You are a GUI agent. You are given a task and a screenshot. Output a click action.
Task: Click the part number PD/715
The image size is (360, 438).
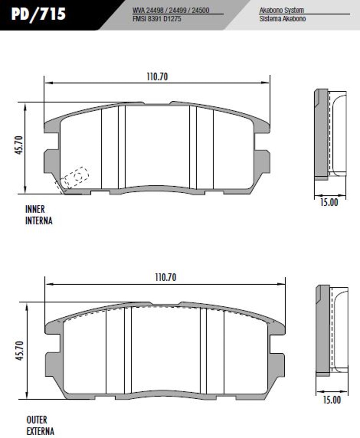point(38,14)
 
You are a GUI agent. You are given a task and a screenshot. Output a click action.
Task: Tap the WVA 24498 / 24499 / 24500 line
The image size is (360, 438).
point(171,10)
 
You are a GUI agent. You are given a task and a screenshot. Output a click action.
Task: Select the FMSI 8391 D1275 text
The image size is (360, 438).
point(157,19)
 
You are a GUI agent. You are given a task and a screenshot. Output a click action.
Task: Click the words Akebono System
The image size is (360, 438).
point(282,10)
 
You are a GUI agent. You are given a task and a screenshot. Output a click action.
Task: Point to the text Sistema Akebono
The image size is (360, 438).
point(282,19)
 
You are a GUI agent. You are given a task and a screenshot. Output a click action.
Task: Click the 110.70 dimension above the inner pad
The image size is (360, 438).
point(157,77)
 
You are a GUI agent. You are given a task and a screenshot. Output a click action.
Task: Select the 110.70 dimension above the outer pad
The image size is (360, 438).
point(166,277)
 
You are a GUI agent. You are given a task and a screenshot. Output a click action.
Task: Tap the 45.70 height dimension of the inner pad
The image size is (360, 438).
point(19,145)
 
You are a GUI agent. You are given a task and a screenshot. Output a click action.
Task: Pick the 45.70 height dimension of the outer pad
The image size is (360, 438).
point(20,350)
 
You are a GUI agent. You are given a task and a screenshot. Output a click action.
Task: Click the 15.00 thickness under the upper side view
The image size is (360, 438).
point(329,202)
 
